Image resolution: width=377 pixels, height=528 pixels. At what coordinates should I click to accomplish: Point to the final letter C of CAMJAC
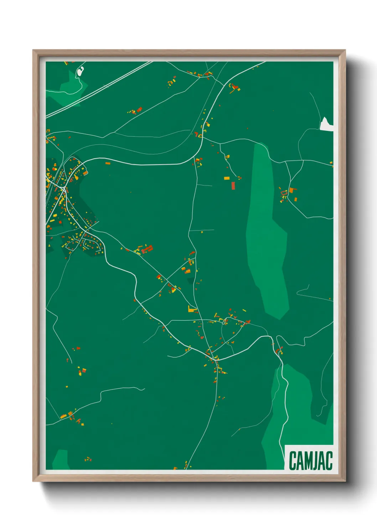329,461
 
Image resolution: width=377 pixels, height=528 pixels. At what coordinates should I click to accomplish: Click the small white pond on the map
80,72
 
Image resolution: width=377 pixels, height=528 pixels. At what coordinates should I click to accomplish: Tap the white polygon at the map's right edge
326,124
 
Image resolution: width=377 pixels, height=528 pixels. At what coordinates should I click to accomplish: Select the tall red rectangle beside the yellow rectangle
233,186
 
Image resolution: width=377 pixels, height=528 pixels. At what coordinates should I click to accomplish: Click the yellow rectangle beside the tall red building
227,178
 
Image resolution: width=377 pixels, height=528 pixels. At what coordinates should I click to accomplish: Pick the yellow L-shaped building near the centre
192,309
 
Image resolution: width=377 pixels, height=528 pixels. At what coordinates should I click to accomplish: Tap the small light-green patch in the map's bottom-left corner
61,459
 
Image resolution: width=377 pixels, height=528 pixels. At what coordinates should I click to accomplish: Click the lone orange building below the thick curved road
108,163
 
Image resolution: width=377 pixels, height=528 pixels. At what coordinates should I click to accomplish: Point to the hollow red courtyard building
284,193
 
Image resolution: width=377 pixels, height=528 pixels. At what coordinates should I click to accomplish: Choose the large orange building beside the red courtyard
292,190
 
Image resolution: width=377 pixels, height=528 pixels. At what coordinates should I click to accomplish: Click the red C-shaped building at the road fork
278,351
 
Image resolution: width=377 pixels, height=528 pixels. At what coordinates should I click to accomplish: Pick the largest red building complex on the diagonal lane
147,249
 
